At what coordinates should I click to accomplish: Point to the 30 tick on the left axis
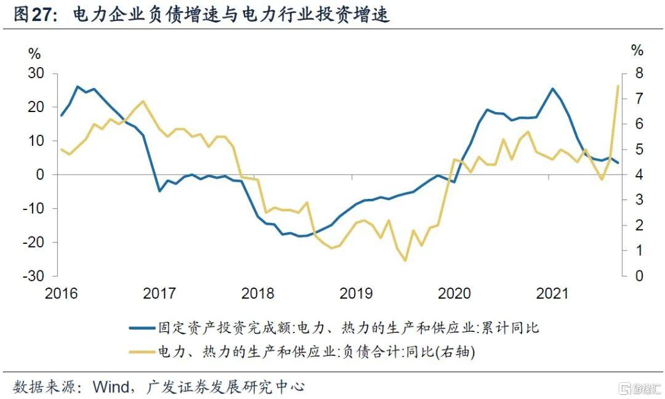(x=36, y=73)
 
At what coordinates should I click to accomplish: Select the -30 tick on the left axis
(x=34, y=276)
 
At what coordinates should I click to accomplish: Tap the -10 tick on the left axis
(x=34, y=208)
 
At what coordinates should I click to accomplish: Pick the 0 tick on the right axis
(x=639, y=276)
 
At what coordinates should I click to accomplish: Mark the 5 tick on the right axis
(x=639, y=150)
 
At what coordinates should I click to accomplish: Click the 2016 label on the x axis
(x=61, y=293)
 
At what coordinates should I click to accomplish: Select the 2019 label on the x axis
(x=355, y=293)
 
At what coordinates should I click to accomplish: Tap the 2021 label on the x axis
(x=551, y=293)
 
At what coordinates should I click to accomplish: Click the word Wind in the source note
(x=110, y=387)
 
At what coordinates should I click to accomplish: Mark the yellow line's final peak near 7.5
(x=618, y=86)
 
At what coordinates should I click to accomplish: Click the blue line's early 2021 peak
(x=552, y=89)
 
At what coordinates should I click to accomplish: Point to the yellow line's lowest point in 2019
(x=405, y=260)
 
